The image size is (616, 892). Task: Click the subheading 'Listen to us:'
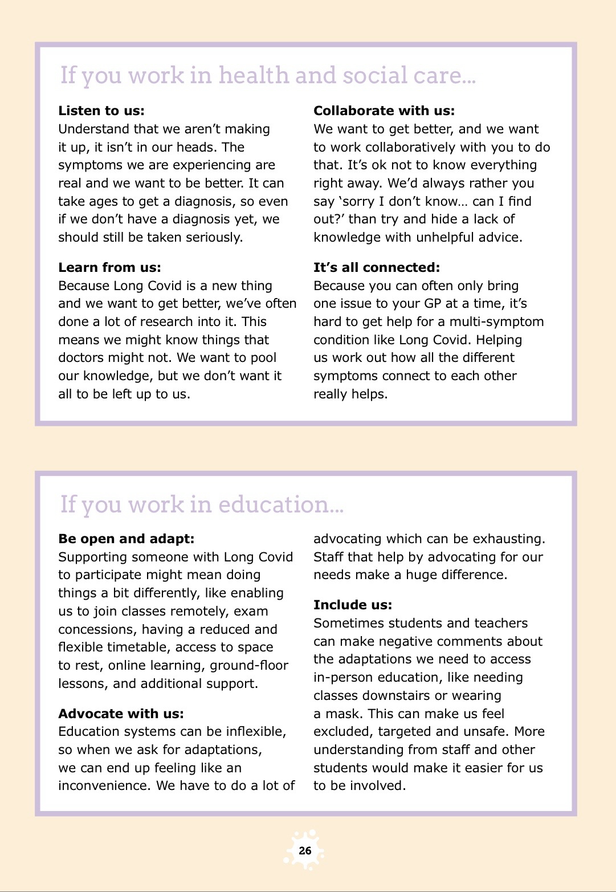[x=101, y=111]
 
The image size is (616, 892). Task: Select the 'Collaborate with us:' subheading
[x=384, y=111]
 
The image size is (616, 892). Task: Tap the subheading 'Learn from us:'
[x=109, y=267]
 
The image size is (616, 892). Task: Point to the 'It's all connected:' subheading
[x=377, y=267]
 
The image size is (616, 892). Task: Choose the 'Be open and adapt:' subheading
[x=126, y=539]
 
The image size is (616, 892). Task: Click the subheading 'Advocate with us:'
[x=121, y=714]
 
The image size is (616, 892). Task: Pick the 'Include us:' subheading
[x=353, y=605]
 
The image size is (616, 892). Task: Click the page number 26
[x=305, y=850]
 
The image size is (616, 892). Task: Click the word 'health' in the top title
[x=254, y=76]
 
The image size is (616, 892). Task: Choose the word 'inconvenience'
[x=105, y=785]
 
